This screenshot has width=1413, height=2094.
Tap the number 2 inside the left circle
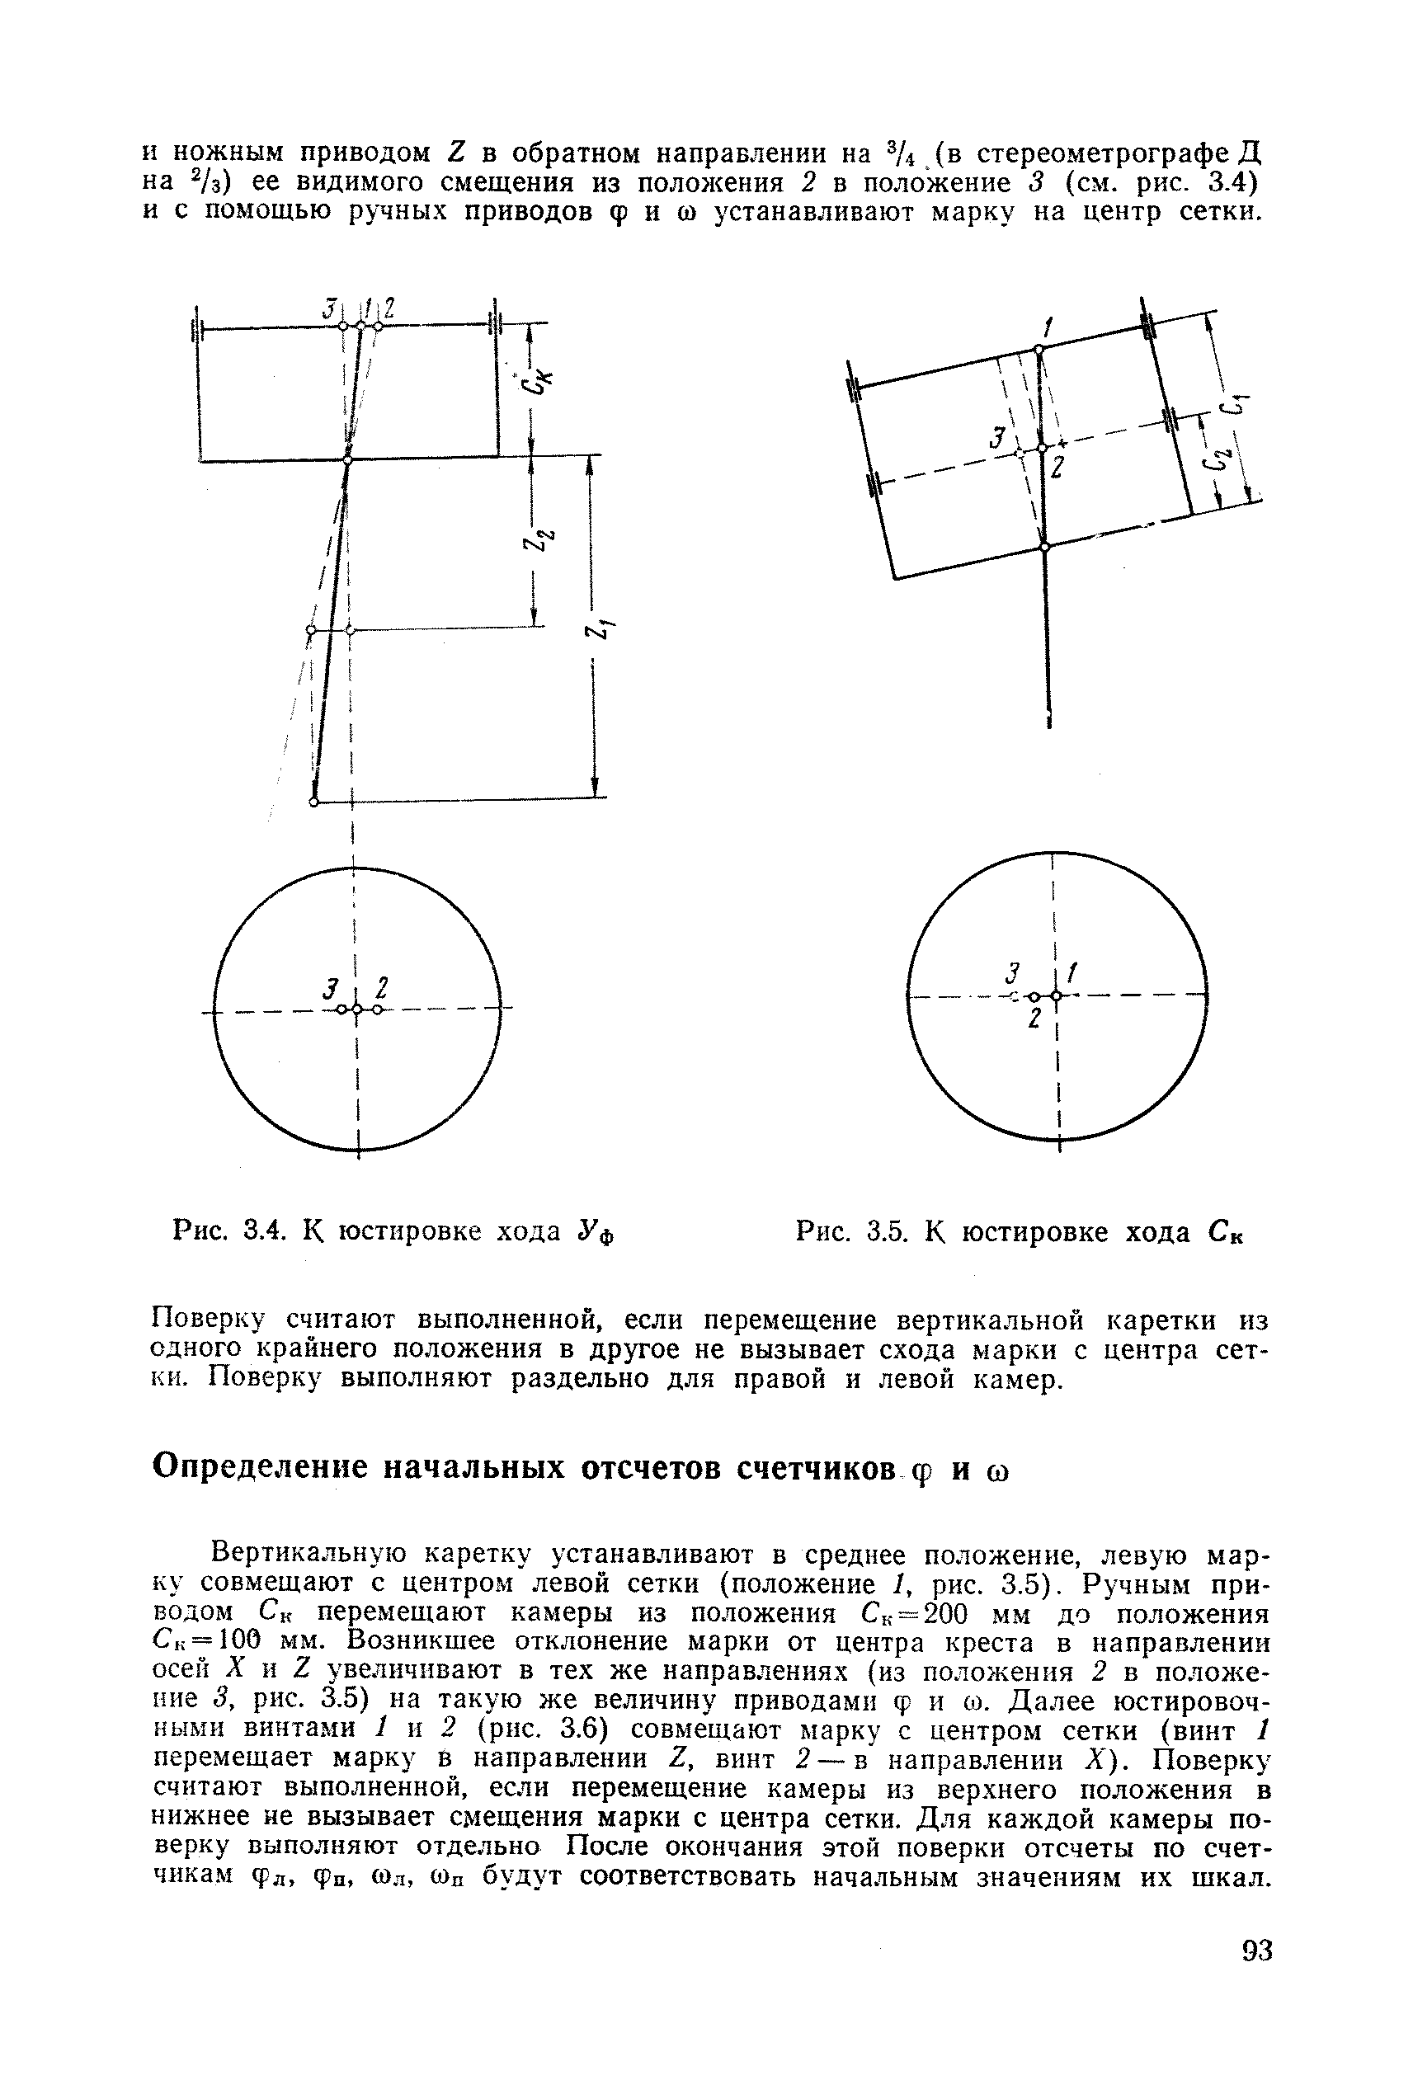tap(382, 988)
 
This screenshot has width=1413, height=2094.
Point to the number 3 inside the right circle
tap(1012, 974)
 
